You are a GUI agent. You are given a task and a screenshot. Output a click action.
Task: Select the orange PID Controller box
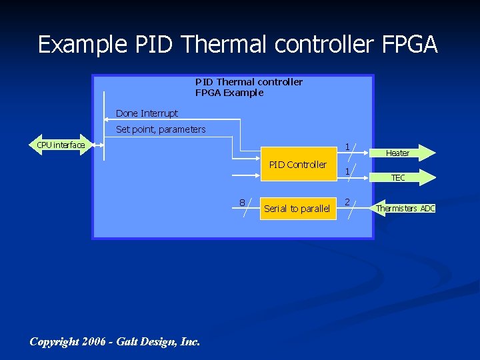coord(298,165)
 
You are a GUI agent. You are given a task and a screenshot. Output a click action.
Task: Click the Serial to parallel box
coord(297,209)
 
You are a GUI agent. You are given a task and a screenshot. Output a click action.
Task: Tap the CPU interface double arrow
coord(61,145)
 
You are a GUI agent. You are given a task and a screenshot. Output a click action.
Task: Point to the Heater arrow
coord(397,153)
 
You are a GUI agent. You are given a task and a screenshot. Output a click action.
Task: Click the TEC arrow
coord(398,178)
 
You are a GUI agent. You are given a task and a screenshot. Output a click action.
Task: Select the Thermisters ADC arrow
coord(404,209)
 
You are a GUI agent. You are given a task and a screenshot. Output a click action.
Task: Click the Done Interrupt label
coord(147,113)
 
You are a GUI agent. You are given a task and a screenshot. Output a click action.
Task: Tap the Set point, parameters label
coord(161,129)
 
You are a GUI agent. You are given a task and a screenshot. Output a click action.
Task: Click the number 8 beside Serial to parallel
coord(242,203)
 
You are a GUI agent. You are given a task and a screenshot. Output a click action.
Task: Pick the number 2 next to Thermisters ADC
coord(347,201)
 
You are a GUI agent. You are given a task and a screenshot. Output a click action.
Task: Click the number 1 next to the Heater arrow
coord(347,146)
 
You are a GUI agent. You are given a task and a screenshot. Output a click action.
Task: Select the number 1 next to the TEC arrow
coord(347,172)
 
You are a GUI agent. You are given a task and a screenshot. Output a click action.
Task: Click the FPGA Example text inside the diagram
coord(229,93)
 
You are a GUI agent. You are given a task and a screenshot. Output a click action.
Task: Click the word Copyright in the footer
coord(55,341)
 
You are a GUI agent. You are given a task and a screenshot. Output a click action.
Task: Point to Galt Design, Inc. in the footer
coord(158,341)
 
